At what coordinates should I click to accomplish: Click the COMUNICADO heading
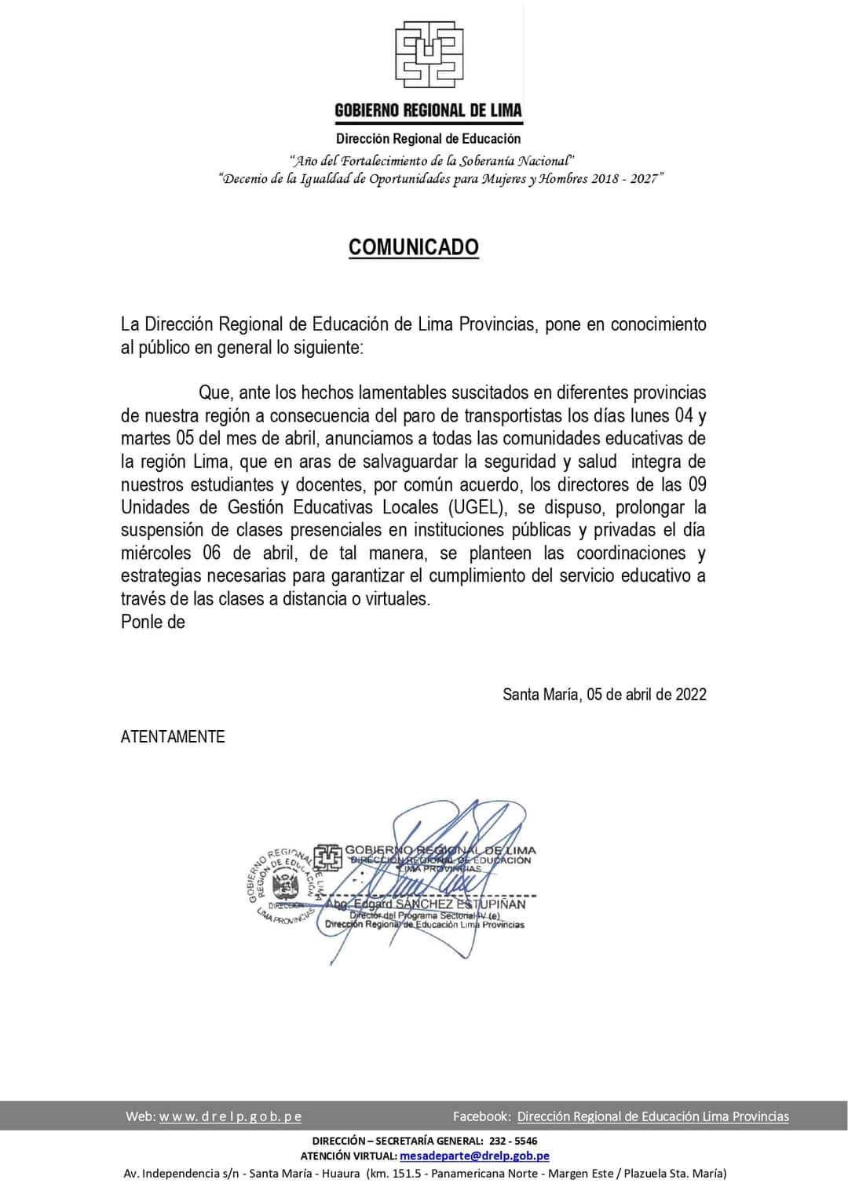[414, 247]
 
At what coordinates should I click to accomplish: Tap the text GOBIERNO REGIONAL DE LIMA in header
[428, 110]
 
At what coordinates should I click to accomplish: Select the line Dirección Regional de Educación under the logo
[428, 139]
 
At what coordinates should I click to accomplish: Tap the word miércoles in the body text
[155, 553]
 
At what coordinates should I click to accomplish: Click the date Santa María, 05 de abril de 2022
[604, 694]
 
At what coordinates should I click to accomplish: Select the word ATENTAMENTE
[173, 736]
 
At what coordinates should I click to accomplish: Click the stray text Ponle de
[153, 622]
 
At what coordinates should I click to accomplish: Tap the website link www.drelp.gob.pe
[230, 1116]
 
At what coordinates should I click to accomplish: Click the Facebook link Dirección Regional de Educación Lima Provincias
[652, 1116]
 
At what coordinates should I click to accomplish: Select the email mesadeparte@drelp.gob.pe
[474, 1156]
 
